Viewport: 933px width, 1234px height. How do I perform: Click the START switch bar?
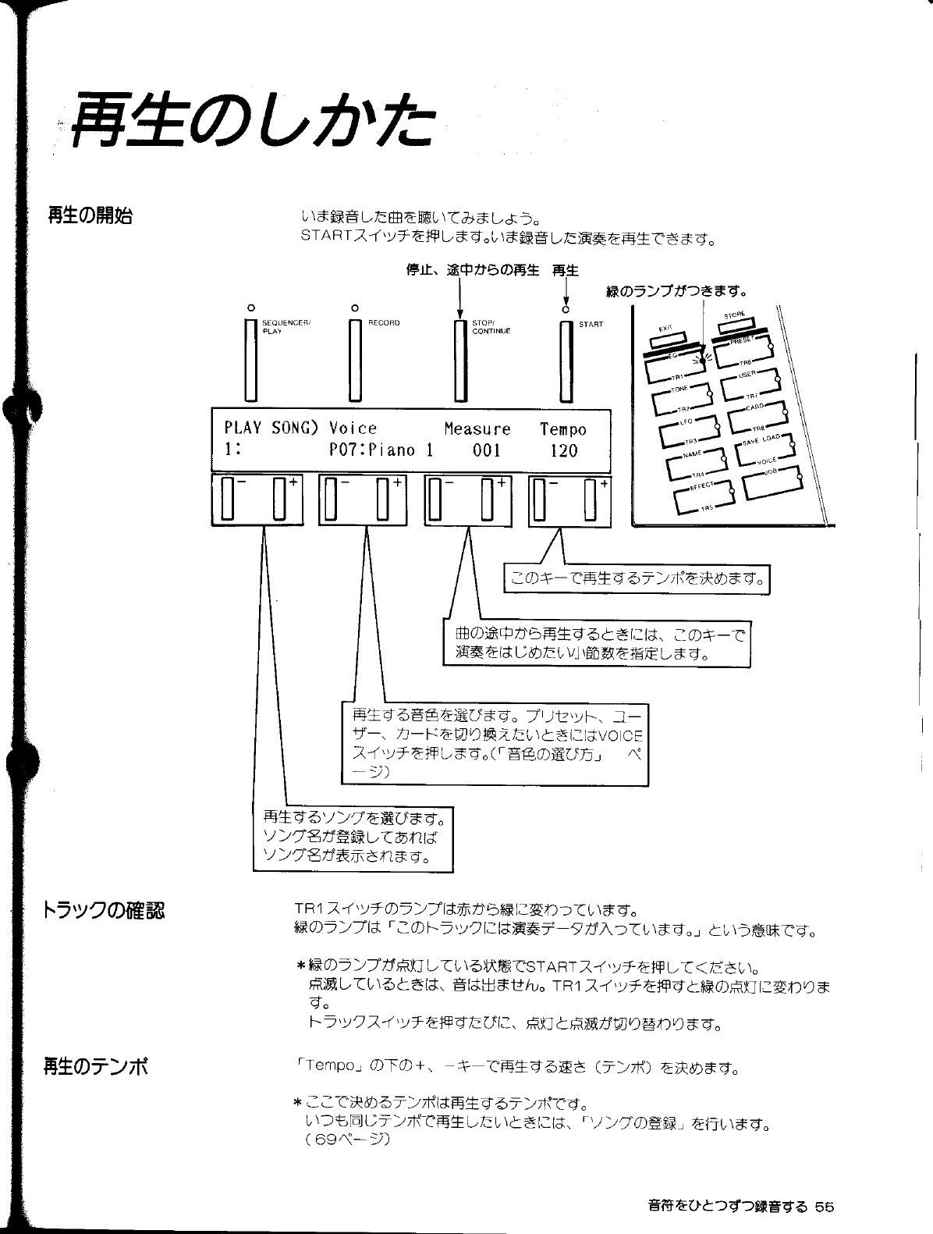click(x=566, y=361)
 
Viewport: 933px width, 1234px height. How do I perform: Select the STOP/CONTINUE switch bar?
click(x=460, y=361)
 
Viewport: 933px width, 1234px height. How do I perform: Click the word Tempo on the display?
click(x=562, y=429)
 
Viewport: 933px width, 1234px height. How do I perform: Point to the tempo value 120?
click(x=563, y=450)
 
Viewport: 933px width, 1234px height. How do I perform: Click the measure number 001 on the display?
click(x=486, y=450)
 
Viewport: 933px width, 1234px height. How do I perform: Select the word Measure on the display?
click(x=477, y=429)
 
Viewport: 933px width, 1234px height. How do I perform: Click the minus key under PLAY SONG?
click(x=228, y=500)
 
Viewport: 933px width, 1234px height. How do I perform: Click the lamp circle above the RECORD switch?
click(x=355, y=307)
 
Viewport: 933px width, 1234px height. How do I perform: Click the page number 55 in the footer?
click(x=825, y=1206)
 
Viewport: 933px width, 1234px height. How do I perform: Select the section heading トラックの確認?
click(x=103, y=910)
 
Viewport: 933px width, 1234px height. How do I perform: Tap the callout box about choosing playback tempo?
click(x=637, y=578)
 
